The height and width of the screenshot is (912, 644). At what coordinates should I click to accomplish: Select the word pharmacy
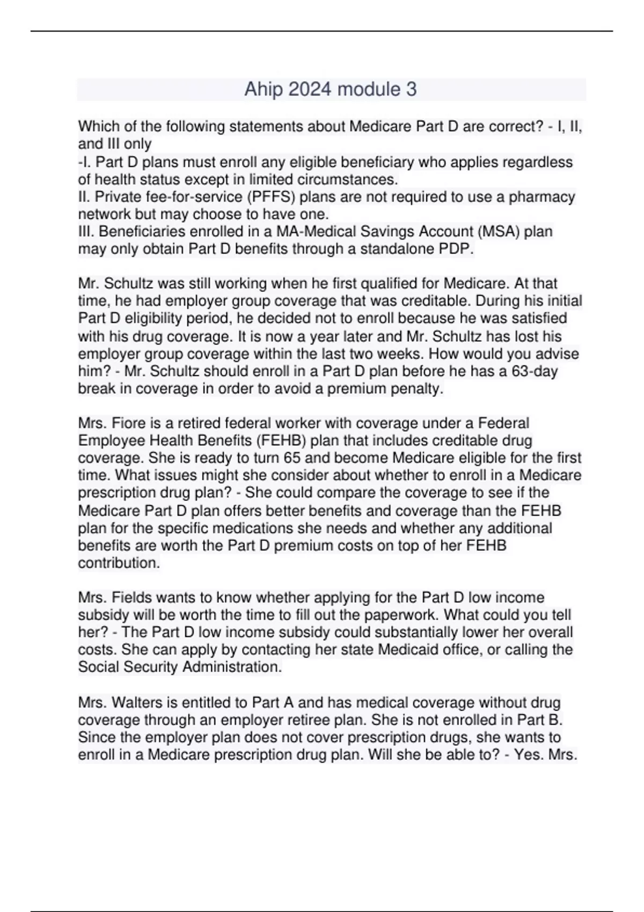541,197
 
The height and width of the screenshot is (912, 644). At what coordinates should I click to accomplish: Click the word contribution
119,563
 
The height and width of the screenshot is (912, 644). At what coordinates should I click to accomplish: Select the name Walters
141,702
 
